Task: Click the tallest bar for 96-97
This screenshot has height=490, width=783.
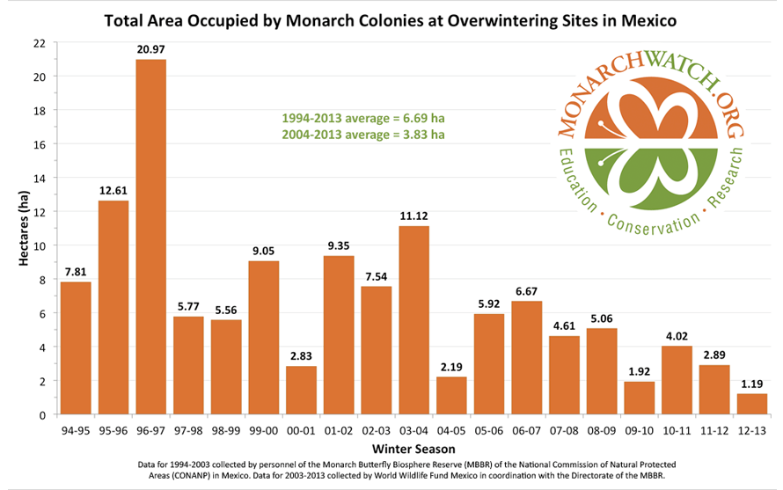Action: tap(151, 238)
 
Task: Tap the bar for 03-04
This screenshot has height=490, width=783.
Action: tap(414, 320)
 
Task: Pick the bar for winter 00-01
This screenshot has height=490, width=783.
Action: tap(302, 391)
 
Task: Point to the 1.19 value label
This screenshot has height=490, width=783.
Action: tap(752, 384)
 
